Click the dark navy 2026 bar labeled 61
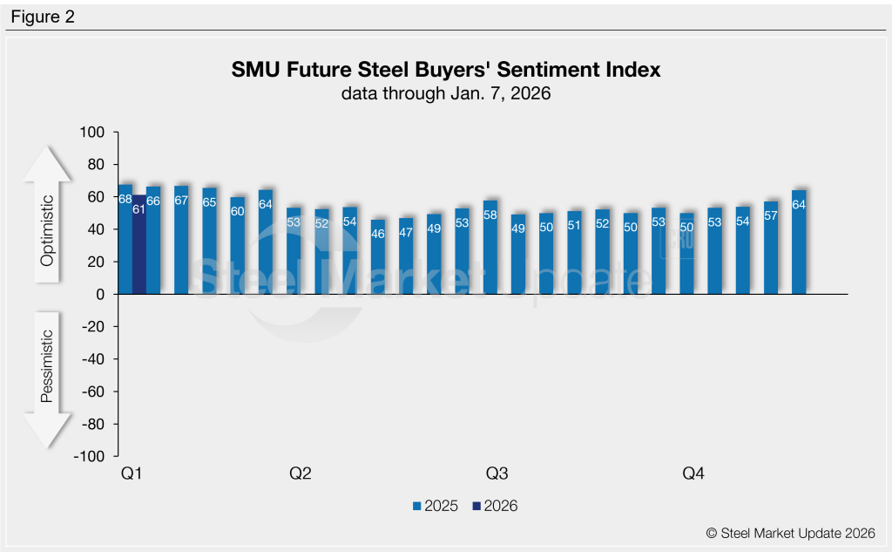pos(139,245)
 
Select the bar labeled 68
pos(125,240)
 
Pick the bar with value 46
pos(378,257)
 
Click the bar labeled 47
pos(406,256)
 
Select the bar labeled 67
pos(181,241)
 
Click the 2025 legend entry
pos(436,506)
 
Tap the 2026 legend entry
pos(494,506)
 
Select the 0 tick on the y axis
pos(99,295)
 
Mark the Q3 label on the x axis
pos(497,474)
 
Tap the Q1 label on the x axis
pos(132,474)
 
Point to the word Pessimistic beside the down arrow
pos(49,366)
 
